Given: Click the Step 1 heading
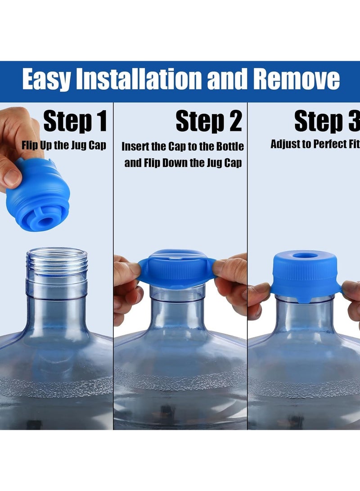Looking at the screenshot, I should [x=75, y=122].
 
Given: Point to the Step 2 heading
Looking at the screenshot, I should [x=209, y=122].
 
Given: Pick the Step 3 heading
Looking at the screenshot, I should [x=327, y=122].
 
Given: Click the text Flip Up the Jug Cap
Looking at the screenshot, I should [x=64, y=145].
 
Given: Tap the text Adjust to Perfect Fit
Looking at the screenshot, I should [x=315, y=144].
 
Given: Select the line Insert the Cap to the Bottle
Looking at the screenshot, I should [x=183, y=147].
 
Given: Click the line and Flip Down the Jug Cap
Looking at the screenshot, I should [x=183, y=163].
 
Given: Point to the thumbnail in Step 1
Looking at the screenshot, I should [x=11, y=177].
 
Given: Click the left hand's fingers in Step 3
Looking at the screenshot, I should [x=258, y=297].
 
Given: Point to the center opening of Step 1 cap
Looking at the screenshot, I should [x=44, y=221].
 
